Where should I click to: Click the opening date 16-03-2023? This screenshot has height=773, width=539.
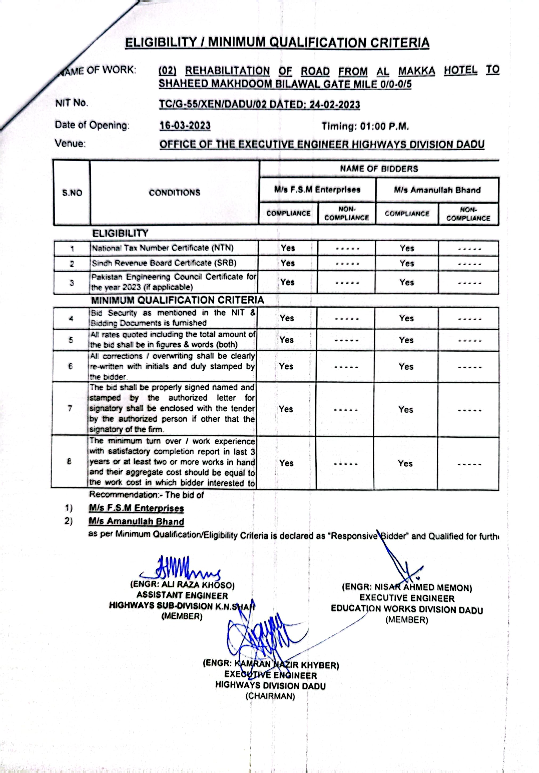[185, 126]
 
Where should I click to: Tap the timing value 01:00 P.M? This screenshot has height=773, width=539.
[385, 127]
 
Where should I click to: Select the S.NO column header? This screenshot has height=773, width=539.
[72, 193]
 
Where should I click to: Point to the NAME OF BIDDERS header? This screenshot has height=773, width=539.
[379, 169]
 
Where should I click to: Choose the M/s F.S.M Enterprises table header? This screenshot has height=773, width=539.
[317, 190]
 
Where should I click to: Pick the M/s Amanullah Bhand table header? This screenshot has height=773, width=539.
[437, 190]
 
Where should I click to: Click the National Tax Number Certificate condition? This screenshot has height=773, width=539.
[163, 248]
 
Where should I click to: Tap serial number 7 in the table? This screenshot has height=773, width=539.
[70, 408]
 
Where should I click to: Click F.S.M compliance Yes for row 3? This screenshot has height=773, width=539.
[288, 282]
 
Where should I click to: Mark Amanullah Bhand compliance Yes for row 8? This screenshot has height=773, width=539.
[405, 463]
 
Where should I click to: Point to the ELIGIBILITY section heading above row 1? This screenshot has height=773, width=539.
[120, 233]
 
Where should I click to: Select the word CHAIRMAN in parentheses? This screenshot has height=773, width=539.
[270, 696]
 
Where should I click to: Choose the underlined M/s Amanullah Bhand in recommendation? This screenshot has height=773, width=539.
[136, 521]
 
